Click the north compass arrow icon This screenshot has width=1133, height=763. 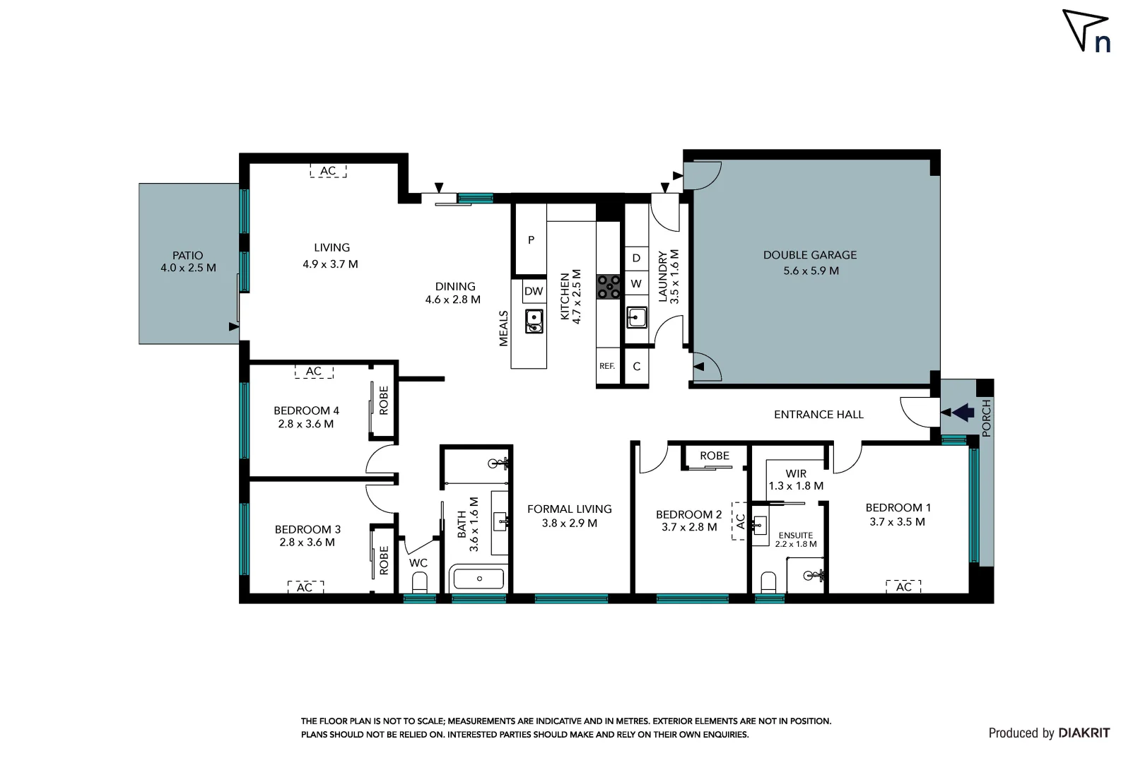point(1083,28)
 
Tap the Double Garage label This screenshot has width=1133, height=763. point(809,255)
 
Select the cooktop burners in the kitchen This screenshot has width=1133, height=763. point(609,287)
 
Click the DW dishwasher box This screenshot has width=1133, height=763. point(534,291)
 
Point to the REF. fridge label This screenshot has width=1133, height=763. point(607,366)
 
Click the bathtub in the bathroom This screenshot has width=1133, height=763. point(479,579)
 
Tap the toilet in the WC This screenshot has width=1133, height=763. point(419,583)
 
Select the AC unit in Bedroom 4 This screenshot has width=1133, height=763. point(314,372)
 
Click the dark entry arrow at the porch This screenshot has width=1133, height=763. point(962,413)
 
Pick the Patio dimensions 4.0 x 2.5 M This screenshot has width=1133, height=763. point(188,268)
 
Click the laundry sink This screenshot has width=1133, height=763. point(636,317)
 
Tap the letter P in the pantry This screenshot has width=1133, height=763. point(531,240)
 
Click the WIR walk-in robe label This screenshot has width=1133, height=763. point(796,474)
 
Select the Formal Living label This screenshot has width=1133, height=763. point(569,509)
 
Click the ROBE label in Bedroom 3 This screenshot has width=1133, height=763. point(384,560)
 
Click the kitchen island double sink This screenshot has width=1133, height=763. point(534,321)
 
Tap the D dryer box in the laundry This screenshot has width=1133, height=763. point(636,259)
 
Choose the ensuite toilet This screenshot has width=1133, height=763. point(768,583)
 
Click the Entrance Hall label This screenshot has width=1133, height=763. point(818,415)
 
